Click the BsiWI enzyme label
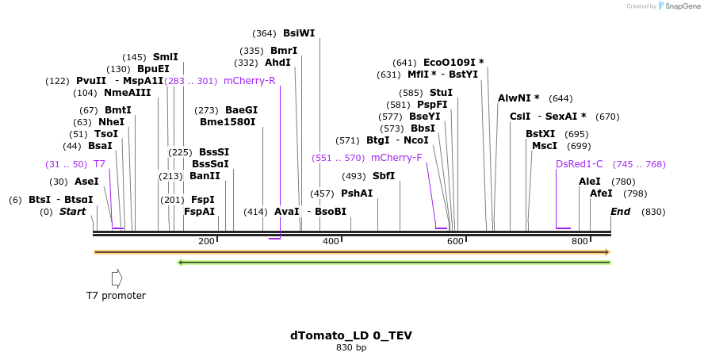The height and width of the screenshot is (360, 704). (x=299, y=33)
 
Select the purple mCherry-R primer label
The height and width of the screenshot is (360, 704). (x=249, y=81)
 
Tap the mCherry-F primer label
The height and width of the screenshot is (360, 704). (x=396, y=157)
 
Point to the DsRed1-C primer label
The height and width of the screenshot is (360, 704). (x=579, y=164)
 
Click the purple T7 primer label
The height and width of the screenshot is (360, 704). (x=99, y=164)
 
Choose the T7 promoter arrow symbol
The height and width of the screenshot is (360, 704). (x=117, y=278)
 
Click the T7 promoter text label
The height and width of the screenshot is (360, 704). (x=116, y=296)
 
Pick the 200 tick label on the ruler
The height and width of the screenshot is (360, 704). (x=206, y=241)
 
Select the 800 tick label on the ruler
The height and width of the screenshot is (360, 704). (x=580, y=241)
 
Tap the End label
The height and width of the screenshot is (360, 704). (x=620, y=212)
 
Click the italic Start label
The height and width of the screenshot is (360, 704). (x=72, y=212)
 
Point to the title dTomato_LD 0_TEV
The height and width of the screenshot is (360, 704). (x=350, y=335)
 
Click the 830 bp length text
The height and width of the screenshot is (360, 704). (x=350, y=347)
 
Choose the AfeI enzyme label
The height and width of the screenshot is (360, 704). (x=601, y=193)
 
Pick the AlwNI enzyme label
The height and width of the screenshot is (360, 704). (x=518, y=98)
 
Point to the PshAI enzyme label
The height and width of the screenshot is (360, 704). (x=357, y=193)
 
